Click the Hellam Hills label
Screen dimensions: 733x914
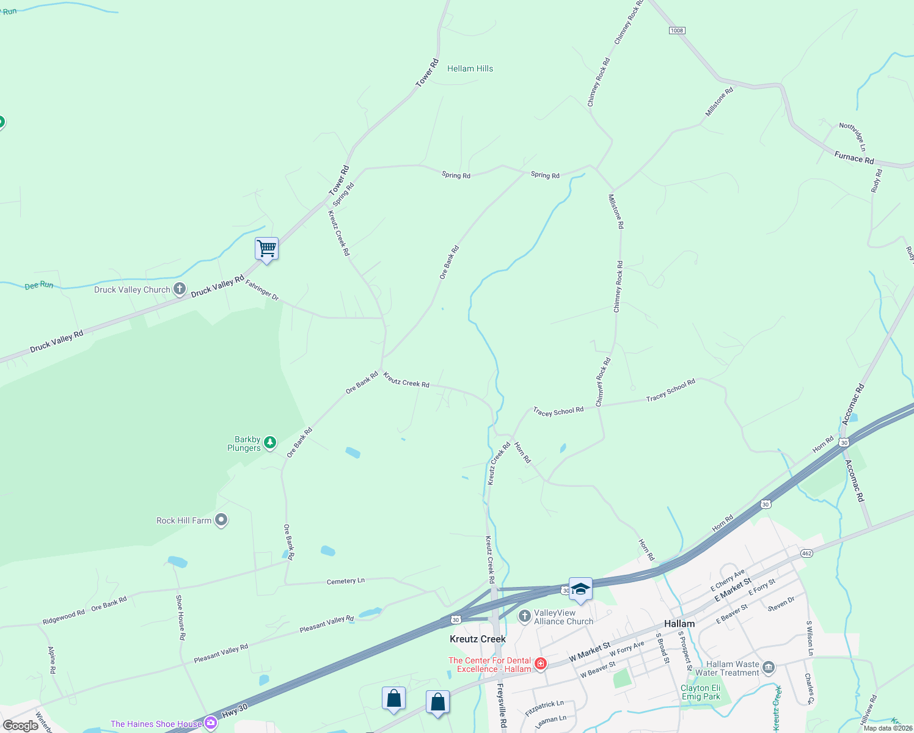tap(470, 68)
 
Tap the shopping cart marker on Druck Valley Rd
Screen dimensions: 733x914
tap(266, 249)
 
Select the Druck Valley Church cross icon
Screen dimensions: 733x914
tap(180, 289)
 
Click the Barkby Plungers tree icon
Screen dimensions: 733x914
tap(270, 442)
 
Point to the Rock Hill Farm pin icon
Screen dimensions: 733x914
tap(222, 520)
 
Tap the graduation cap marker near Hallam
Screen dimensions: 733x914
tap(580, 589)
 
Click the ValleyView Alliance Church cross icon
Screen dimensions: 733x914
tap(524, 616)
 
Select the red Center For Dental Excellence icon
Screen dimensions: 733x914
tap(540, 664)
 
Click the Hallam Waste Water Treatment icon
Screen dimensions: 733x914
tap(769, 667)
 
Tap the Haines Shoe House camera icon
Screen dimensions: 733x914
tap(211, 723)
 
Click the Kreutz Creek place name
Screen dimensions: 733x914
tap(478, 639)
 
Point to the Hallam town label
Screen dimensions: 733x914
tap(679, 624)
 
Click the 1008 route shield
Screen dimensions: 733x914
tap(677, 31)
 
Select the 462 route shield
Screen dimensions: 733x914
tap(806, 553)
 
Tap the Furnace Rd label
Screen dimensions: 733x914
tap(854, 158)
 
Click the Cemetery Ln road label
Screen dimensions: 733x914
tap(345, 581)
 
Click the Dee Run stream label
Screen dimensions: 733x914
tap(39, 285)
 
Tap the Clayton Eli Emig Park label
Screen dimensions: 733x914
tap(701, 692)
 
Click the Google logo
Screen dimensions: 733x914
tap(21, 726)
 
